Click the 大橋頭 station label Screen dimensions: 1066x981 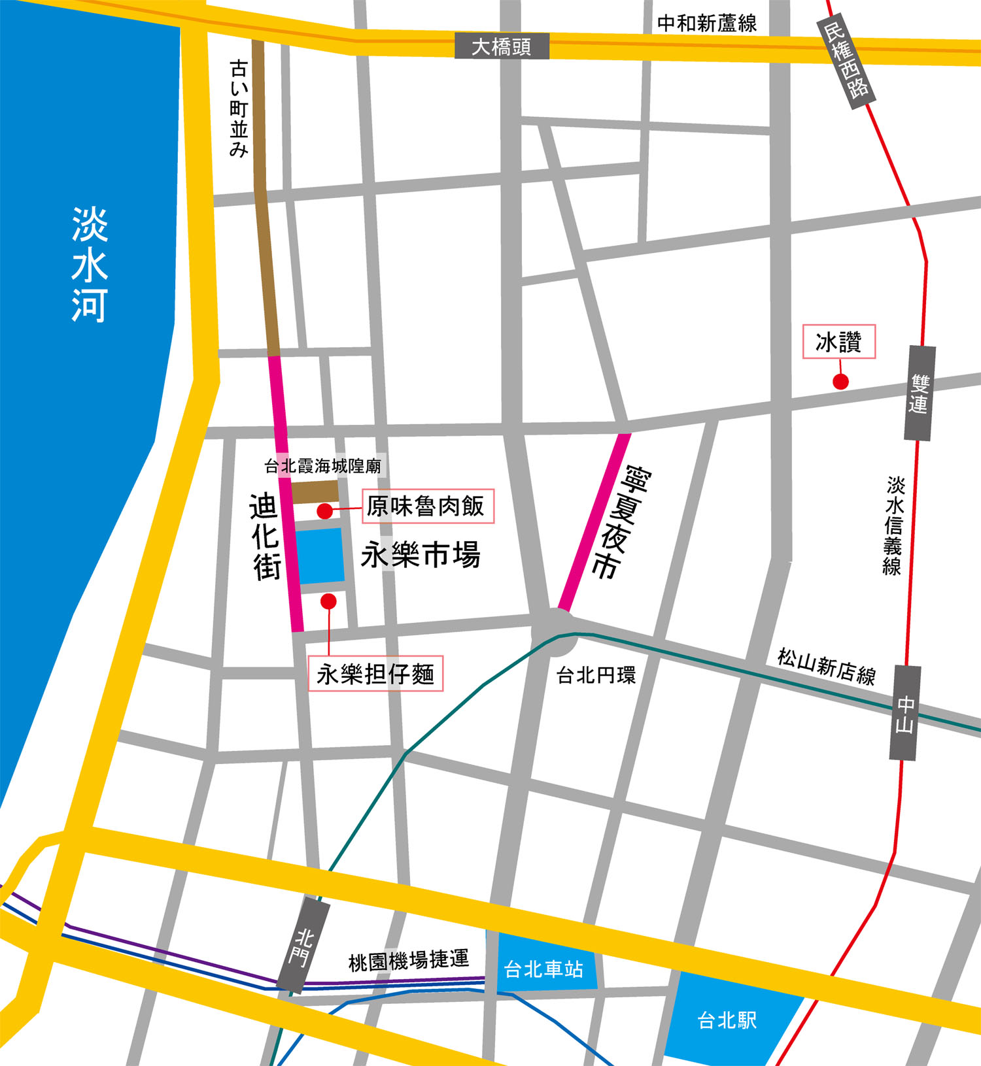click(x=502, y=46)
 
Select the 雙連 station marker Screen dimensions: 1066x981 click(x=920, y=393)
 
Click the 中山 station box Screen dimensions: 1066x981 click(x=905, y=713)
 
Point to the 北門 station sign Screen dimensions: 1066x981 click(x=303, y=946)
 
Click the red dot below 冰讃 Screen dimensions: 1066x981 click(x=840, y=382)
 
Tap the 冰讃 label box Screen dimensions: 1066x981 click(x=838, y=342)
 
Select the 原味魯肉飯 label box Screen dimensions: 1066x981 click(x=428, y=506)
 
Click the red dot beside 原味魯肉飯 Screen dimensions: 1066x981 click(x=325, y=510)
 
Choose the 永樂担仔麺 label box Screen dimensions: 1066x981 click(x=375, y=673)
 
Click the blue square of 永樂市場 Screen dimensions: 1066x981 click(x=320, y=556)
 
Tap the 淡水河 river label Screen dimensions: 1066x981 click(x=89, y=265)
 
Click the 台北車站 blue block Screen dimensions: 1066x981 click(x=543, y=969)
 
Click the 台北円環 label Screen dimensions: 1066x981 click(x=595, y=675)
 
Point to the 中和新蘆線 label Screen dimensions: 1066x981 click(x=706, y=24)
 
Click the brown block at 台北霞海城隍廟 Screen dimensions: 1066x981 click(x=315, y=492)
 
